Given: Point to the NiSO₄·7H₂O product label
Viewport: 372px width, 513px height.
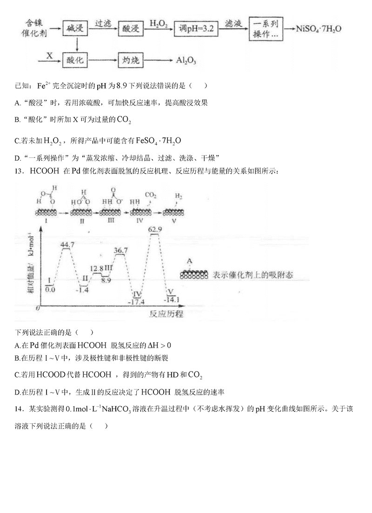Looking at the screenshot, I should coord(319,29).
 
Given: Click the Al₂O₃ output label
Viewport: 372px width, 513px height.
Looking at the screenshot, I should coord(186,60).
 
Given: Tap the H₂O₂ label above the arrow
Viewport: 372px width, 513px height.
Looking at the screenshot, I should coord(159,23).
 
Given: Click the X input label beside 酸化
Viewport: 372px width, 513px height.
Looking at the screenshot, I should coord(49,55).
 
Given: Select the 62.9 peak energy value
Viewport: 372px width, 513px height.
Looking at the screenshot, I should coord(155,229).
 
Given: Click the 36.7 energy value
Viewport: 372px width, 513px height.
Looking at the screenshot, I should coord(121,251).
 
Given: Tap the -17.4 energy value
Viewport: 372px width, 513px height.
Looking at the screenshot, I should coord(138,302).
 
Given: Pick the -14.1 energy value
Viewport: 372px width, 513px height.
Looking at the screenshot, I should coord(171,299).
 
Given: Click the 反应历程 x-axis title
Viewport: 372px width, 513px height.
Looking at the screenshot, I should coord(166,314).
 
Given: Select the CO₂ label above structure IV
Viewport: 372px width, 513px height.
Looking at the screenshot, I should coord(151,195).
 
